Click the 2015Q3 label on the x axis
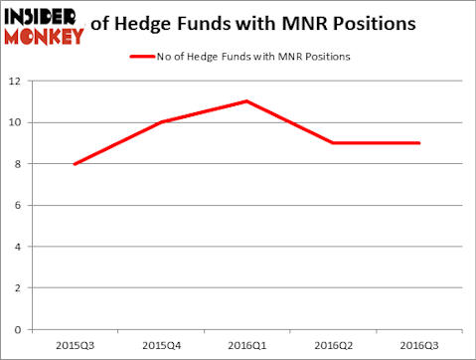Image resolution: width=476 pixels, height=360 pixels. click(75, 345)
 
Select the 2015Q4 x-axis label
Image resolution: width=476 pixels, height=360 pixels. click(160, 345)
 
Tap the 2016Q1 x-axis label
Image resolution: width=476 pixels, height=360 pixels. click(245, 345)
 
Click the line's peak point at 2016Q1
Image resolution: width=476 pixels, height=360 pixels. click(245, 101)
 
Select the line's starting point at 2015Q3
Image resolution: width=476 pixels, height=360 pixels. click(75, 164)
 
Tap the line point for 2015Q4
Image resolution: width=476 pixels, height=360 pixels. click(160, 122)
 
